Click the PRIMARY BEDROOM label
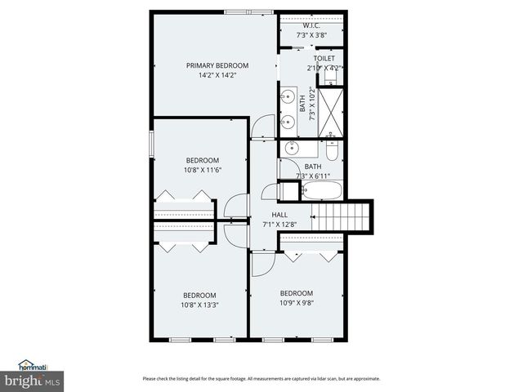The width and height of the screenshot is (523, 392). (217, 65)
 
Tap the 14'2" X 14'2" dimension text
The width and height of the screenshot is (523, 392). (217, 76)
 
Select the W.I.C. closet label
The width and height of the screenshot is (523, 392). (311, 24)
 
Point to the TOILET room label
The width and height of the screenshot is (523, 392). (324, 59)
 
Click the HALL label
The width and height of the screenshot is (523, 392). (279, 216)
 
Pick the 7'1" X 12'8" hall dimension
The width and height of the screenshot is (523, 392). (279, 225)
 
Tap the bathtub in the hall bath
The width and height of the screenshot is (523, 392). (321, 190)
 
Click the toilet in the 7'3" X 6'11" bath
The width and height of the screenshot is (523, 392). (331, 151)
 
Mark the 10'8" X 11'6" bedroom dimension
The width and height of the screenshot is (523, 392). (203, 170)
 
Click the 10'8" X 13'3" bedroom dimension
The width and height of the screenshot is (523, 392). (200, 305)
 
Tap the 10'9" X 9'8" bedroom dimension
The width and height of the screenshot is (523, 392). (297, 303)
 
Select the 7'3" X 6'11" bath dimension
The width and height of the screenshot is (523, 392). (313, 176)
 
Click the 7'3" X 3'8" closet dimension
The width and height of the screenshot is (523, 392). (311, 35)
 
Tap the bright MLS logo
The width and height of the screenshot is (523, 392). (33, 381)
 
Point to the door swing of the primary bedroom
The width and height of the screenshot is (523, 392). (261, 127)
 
